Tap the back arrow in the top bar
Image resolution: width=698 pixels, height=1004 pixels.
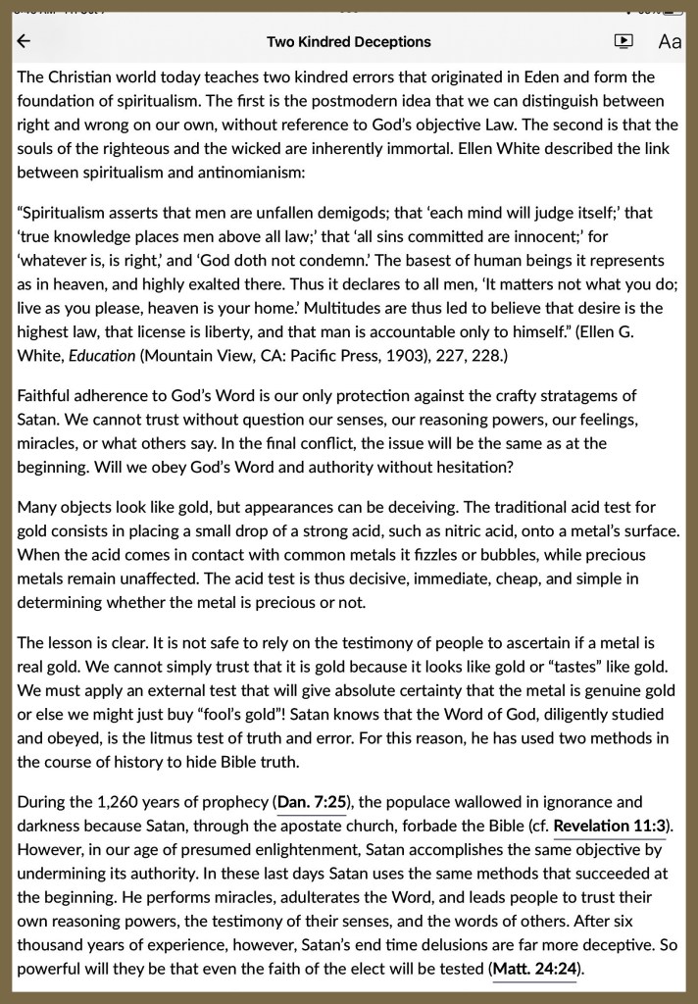pos(25,41)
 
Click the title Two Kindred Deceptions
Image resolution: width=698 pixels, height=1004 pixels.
pos(348,41)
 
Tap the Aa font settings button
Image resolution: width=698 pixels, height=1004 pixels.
pos(670,41)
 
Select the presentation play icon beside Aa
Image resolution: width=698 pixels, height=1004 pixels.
pos(623,41)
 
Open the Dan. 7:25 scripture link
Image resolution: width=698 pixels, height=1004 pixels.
pos(310,802)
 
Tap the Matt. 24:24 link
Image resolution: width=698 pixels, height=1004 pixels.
pos(534,969)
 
